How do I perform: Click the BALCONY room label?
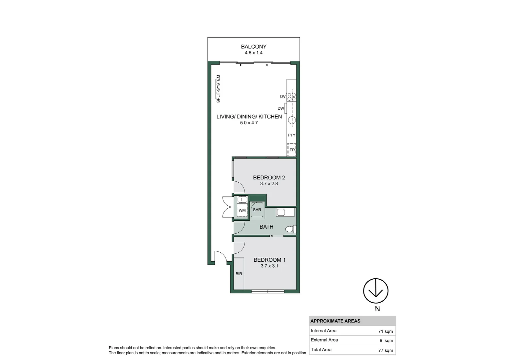point(254,47)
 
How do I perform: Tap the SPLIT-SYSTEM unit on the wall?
point(213,89)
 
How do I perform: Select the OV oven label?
point(282,97)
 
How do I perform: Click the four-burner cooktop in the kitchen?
point(291,97)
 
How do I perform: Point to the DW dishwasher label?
point(280,108)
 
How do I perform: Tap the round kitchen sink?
point(292,120)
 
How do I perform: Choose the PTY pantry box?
point(291,135)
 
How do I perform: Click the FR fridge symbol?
point(292,150)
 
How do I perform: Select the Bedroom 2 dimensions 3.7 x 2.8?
point(269,184)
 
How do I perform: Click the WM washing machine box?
point(242,210)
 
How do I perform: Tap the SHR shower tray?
point(257,210)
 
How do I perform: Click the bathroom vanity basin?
point(281,212)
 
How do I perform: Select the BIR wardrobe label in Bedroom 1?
point(239,274)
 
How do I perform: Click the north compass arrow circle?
point(376,291)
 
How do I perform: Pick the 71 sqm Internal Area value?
point(385,331)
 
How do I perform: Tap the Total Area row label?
point(321,350)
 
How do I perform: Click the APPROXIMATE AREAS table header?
point(335,321)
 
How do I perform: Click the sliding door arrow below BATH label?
point(272,236)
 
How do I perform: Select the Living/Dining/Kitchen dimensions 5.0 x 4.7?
point(249,123)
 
